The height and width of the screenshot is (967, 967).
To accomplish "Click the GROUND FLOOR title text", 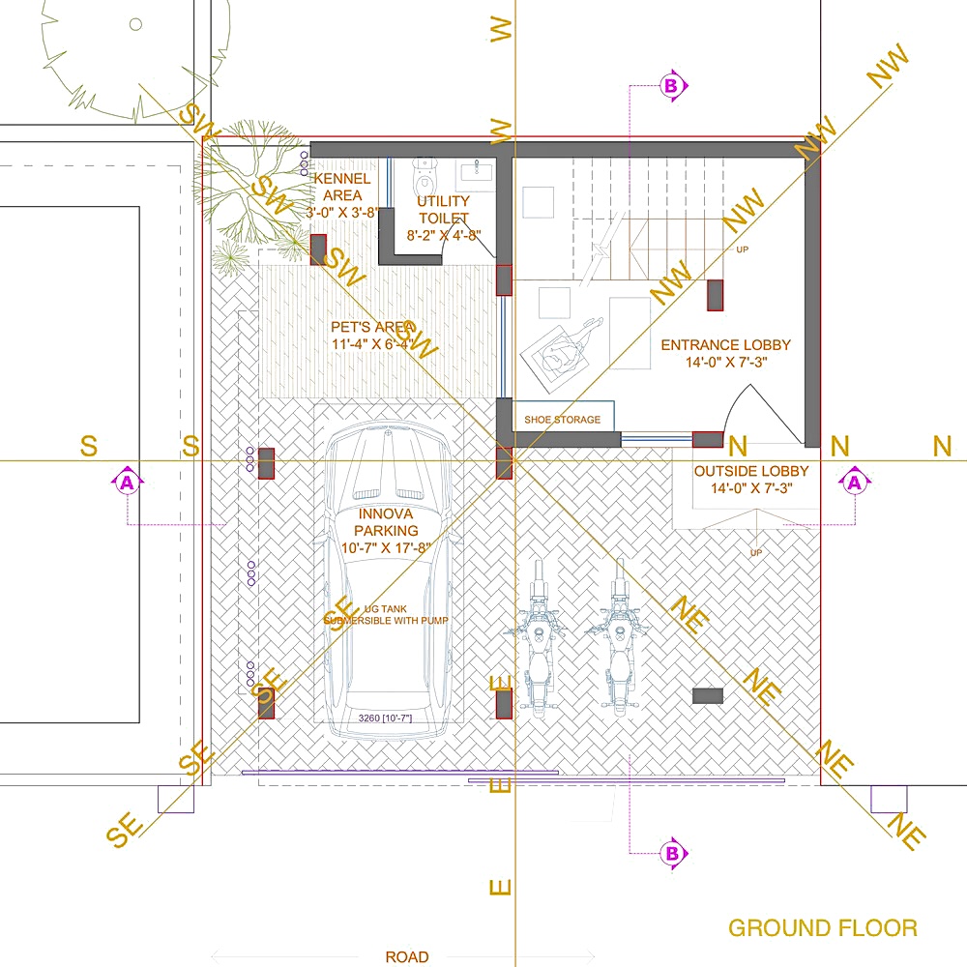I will pos(822,928).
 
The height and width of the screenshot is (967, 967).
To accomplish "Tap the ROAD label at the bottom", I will pos(406,957).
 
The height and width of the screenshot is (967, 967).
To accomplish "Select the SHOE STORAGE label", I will pos(562,420).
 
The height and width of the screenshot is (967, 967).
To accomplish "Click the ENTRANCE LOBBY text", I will pos(725,354).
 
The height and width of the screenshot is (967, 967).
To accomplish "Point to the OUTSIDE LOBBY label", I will pos(751,480).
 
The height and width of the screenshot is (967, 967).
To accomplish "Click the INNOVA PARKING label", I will pos(386,531).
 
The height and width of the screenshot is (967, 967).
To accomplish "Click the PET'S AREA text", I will pos(372,335).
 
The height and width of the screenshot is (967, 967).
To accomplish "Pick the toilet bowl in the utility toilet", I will pos(425,178).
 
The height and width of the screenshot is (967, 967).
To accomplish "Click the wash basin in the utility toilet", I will pos(475,172).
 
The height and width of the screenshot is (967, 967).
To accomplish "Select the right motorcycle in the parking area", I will pos(619,638).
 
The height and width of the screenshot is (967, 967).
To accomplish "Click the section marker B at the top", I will pos(672,85).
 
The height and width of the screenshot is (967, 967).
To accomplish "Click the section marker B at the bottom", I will pos(672,854).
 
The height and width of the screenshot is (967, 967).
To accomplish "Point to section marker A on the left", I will pos(128,481).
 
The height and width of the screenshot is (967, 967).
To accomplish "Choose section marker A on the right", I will pos(855,481).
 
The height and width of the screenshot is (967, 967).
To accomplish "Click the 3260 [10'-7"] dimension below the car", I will pos(385,718).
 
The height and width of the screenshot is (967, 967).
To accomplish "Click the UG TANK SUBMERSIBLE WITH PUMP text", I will pos(386,613).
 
